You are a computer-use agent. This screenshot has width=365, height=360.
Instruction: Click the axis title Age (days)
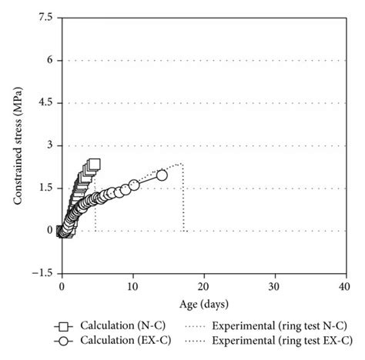click(x=203, y=302)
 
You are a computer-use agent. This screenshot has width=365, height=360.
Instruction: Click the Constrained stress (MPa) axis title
click(x=17, y=145)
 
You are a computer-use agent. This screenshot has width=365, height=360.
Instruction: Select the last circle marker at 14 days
click(x=162, y=175)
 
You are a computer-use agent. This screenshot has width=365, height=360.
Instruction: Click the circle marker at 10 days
click(x=134, y=185)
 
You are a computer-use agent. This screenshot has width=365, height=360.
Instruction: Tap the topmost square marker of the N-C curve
click(x=94, y=164)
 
